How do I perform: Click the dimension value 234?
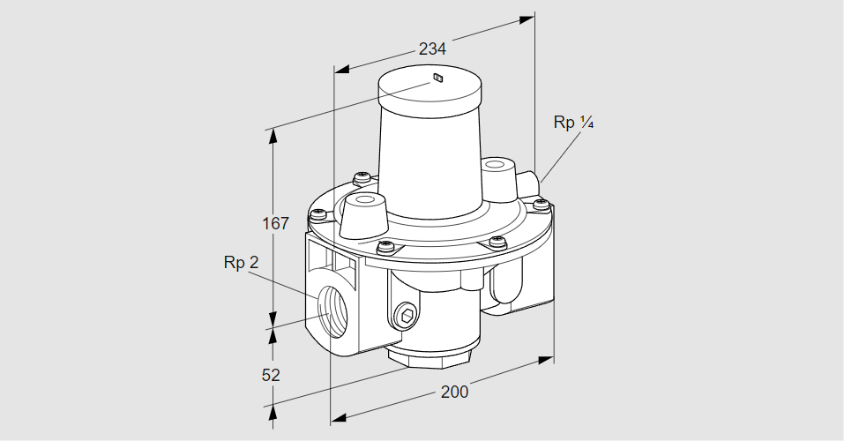432,49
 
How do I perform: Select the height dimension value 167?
275,224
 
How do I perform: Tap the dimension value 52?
271,375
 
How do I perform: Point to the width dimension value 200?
454,392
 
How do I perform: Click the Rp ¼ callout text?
573,123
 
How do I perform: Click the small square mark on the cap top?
437,79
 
